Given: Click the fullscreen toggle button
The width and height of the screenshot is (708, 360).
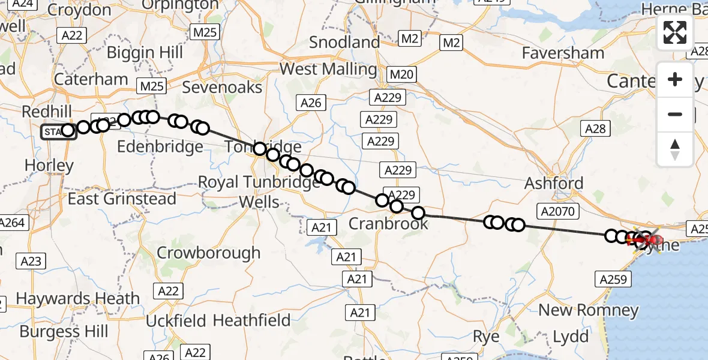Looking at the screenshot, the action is click(675, 32).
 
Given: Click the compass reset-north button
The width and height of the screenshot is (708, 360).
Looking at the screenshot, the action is click(675, 149).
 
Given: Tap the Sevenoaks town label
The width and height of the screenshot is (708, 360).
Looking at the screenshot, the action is click(222, 87).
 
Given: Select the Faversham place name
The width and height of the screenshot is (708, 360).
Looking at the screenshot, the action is click(563, 53).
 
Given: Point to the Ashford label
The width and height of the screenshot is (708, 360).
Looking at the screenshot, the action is click(554, 183).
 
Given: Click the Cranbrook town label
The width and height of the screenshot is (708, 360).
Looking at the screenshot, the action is click(389, 224).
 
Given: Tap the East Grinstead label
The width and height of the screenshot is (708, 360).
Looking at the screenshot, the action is click(122, 199).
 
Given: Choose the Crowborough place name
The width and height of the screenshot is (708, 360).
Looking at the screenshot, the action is click(208, 253).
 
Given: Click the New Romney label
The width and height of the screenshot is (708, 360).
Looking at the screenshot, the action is click(589, 310).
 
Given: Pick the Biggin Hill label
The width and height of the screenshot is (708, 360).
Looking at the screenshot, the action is click(145, 52).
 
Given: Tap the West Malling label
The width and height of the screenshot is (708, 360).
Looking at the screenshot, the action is click(328, 69).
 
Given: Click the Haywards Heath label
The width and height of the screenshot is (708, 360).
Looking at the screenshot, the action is click(77, 298).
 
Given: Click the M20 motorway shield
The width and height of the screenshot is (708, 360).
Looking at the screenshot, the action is click(401, 74).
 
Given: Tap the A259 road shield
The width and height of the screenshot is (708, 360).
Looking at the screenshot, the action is click(613, 279).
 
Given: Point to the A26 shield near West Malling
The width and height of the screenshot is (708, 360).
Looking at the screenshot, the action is click(311, 103).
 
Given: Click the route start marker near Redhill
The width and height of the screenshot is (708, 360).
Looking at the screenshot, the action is click(58, 131).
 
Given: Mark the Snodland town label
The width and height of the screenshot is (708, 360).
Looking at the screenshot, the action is click(345, 43).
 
